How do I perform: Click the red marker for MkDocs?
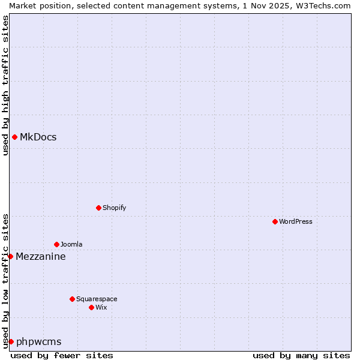(x=14, y=137)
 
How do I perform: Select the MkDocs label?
(x=38, y=137)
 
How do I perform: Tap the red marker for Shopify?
(x=98, y=208)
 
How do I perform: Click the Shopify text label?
(x=114, y=208)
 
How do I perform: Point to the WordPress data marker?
(x=275, y=221)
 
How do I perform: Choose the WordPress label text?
(x=295, y=221)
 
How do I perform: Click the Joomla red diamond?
(x=56, y=244)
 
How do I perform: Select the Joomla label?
(x=71, y=244)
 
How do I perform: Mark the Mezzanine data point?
(x=10, y=256)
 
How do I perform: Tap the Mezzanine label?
(x=41, y=257)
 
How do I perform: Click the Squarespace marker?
(x=72, y=299)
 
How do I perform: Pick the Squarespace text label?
(x=97, y=299)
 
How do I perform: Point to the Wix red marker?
(x=91, y=307)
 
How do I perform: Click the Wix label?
(x=101, y=307)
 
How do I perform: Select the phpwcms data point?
(x=11, y=341)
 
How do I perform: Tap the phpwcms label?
(x=39, y=342)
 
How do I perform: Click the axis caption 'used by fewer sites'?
(x=62, y=355)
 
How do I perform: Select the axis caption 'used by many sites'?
(x=301, y=355)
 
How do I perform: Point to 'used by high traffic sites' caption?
(x=5, y=85)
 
